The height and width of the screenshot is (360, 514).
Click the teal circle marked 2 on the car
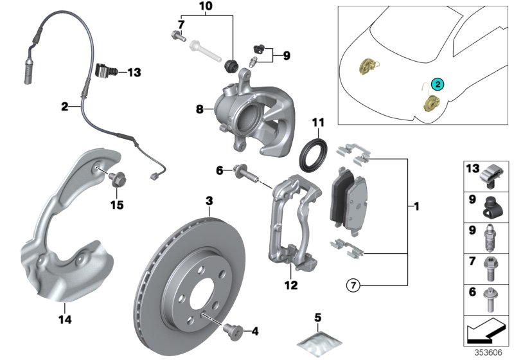pyautogui.click(x=438, y=84)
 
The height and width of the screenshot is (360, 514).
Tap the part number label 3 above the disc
pyautogui.click(x=209, y=201)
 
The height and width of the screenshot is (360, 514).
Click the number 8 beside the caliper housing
pyautogui.click(x=200, y=110)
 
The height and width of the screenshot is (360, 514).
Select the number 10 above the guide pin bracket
pyautogui.click(x=204, y=8)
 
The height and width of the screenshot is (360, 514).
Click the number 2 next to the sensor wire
pyautogui.click(x=64, y=107)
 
